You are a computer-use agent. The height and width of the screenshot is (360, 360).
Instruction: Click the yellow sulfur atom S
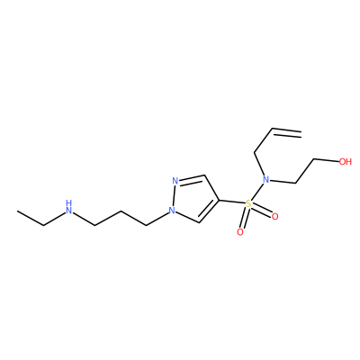248,204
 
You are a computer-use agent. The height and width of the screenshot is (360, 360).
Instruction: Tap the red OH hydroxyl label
345,162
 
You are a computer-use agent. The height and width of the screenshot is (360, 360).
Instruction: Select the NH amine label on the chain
69,207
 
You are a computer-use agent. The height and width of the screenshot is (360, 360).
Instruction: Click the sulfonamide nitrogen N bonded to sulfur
265,180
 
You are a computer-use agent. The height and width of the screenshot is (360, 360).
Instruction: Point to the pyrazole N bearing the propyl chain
172,211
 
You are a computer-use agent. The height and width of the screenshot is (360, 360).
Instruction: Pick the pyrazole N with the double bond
175,181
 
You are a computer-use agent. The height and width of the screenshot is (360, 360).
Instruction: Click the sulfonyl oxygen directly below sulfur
240,232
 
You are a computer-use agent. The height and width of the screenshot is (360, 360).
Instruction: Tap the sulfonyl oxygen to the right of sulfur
274,216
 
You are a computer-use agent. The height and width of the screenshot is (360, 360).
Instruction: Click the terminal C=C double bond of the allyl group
286,133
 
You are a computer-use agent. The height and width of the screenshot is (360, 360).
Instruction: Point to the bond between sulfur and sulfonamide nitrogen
256,193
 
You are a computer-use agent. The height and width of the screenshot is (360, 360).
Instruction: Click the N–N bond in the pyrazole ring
174,195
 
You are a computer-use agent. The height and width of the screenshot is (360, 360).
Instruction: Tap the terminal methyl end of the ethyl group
18,211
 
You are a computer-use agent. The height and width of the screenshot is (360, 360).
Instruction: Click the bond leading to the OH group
326,160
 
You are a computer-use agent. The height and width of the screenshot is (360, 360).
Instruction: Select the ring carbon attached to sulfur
220,200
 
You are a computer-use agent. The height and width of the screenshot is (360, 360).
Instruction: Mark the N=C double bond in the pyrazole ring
192,178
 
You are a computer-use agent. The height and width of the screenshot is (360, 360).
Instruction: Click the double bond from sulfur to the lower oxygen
244,218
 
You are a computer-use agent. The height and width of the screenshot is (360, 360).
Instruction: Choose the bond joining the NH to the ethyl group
54,219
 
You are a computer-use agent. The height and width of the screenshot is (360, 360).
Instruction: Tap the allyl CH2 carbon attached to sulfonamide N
255,153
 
